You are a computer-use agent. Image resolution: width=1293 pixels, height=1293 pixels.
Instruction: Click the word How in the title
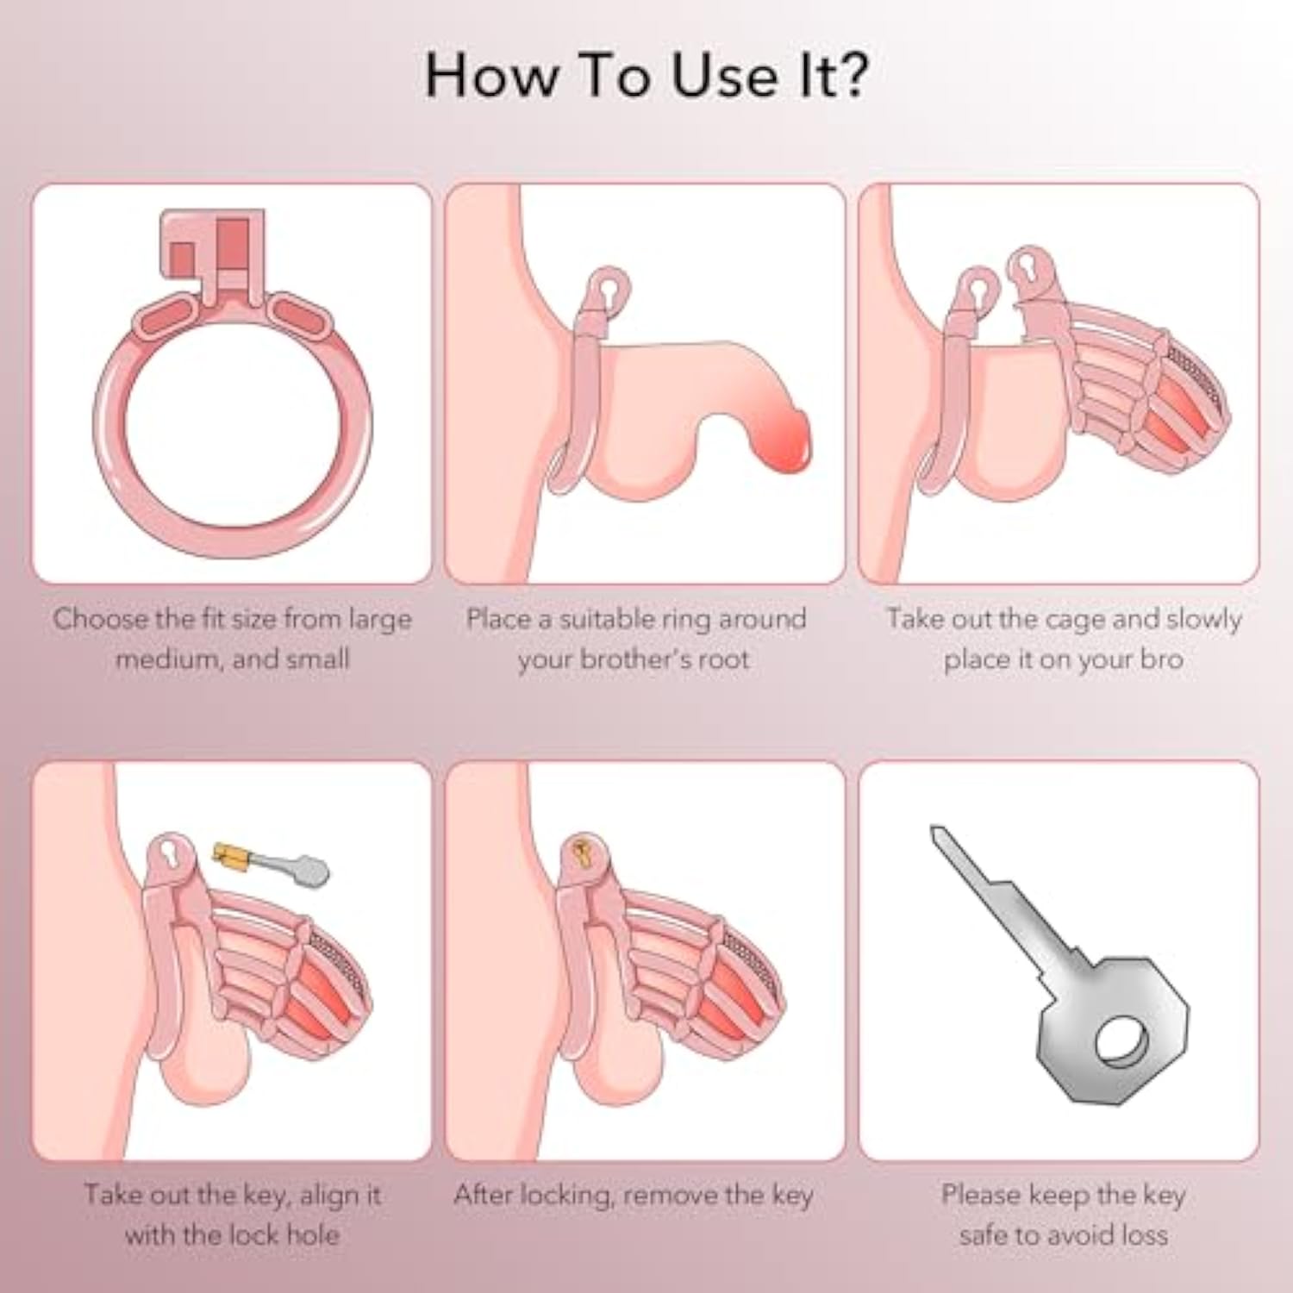492,75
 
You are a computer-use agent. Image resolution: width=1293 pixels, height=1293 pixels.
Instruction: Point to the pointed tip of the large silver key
934,830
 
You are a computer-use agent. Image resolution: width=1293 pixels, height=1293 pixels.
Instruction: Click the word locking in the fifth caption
565,1196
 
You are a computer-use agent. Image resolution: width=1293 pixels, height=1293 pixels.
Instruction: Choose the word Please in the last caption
980,1195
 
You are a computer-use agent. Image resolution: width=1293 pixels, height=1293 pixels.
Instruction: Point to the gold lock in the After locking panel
583,851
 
